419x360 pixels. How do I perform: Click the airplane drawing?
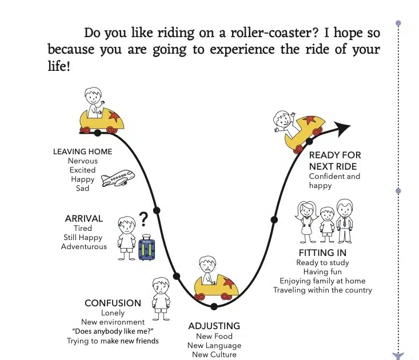118,178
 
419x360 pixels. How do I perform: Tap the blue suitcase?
147,247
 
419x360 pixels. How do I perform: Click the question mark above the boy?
143,219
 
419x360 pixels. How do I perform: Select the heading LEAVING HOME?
82,151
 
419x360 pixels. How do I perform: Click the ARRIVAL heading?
84,218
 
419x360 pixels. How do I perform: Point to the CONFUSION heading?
113,303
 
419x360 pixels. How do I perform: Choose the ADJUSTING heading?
214,326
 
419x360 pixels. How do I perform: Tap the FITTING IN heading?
322,253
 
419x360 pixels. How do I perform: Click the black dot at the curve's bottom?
214,307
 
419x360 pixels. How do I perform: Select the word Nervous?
82,161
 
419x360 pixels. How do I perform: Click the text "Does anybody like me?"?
113,331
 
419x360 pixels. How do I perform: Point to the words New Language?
214,345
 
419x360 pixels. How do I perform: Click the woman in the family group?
306,222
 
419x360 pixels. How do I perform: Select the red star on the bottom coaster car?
229,282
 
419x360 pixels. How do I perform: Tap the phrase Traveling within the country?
322,290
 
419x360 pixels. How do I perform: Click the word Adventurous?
84,246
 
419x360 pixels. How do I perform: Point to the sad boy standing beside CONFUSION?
161,299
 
